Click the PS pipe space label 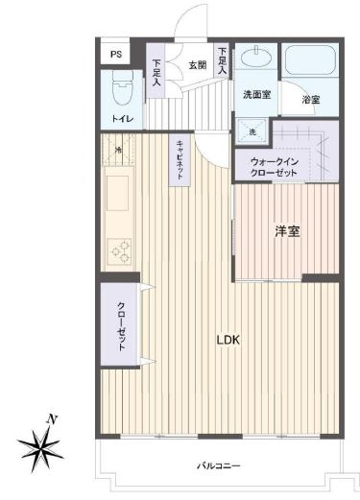(x=116, y=55)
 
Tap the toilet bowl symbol (x=123, y=87)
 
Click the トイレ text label (x=122, y=119)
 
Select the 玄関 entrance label (x=198, y=65)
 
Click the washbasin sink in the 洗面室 (x=256, y=58)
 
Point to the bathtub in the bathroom (x=310, y=60)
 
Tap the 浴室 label (x=311, y=100)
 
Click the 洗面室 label (x=257, y=95)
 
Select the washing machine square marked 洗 (x=252, y=131)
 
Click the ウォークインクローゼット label (x=275, y=167)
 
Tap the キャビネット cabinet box (x=180, y=160)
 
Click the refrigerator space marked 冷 (x=118, y=150)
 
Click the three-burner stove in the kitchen (x=120, y=251)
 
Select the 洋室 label (x=287, y=231)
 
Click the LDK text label (x=228, y=340)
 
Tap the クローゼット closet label (x=121, y=326)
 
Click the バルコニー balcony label (x=218, y=465)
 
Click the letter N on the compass (x=52, y=419)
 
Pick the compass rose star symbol (x=40, y=446)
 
